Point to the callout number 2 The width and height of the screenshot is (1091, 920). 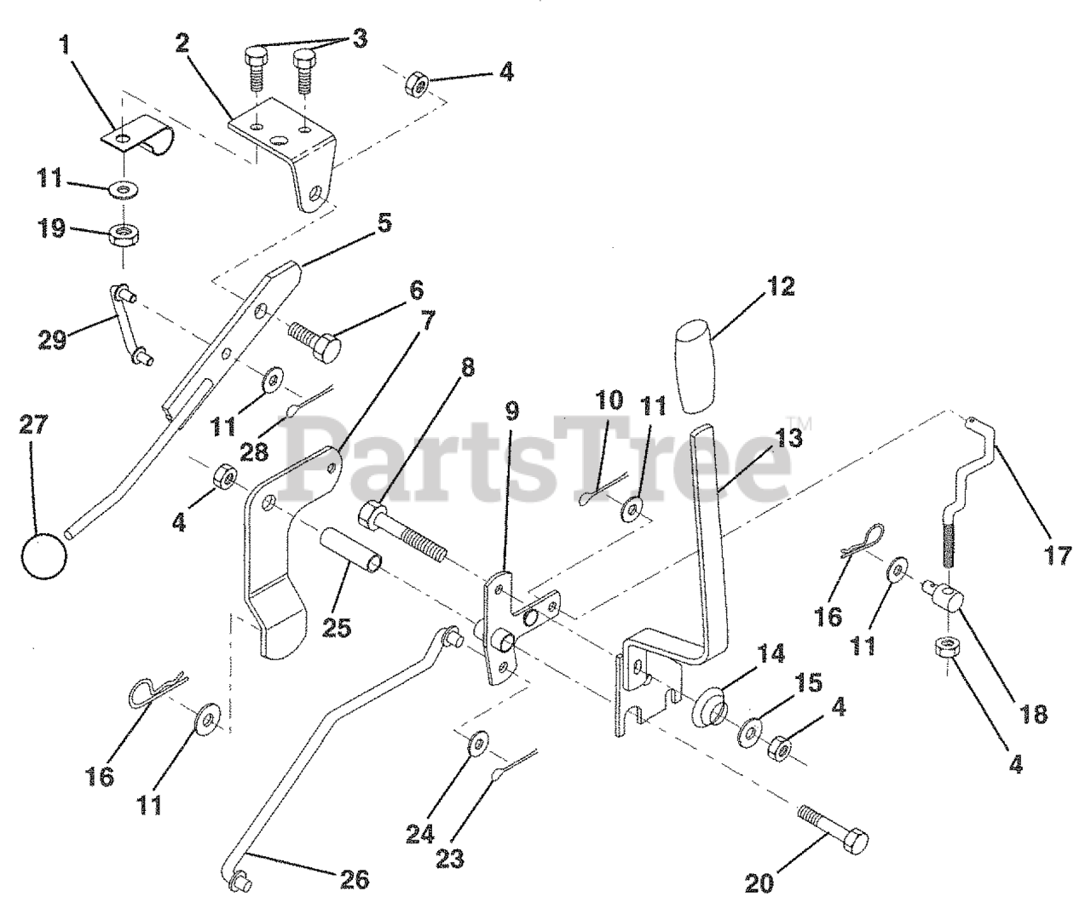click(182, 44)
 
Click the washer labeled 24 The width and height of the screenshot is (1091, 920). click(476, 741)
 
